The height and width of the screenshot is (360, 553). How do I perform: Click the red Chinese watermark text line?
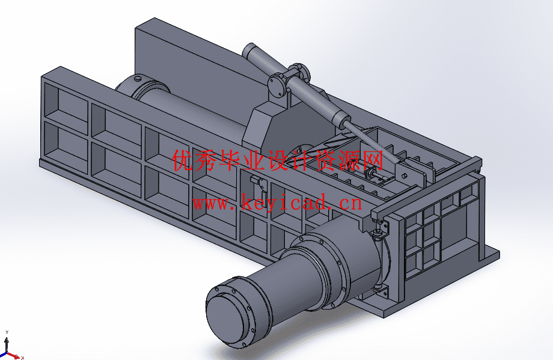278,160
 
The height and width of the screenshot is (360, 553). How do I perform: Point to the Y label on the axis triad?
7,332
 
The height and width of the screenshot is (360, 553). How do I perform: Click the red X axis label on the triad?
22,358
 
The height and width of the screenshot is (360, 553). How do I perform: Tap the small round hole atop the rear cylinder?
138,78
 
